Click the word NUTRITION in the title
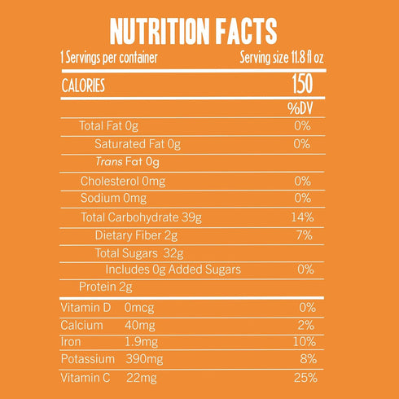(x=160, y=32)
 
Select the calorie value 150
(x=302, y=84)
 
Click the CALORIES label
(x=83, y=85)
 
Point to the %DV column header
(x=300, y=108)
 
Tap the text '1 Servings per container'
(x=109, y=58)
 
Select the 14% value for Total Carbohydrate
(x=302, y=217)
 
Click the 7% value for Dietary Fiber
(x=305, y=235)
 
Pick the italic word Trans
(x=109, y=162)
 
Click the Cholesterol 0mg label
(x=123, y=182)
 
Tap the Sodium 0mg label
(x=113, y=198)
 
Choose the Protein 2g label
(x=106, y=287)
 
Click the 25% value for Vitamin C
(x=305, y=378)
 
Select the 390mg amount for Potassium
(x=144, y=359)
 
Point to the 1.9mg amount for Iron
(x=141, y=342)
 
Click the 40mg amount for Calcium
(x=140, y=325)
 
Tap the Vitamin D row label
(x=85, y=308)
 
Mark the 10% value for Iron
(x=305, y=342)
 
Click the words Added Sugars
(x=204, y=270)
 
